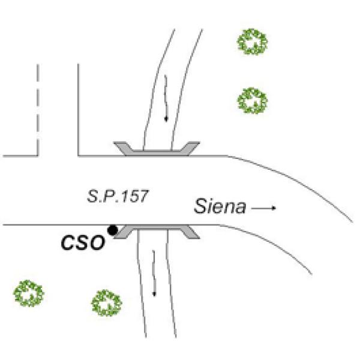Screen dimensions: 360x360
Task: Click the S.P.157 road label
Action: click(118, 196)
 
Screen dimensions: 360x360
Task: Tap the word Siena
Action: click(220, 208)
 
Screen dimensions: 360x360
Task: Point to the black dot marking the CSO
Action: click(112, 229)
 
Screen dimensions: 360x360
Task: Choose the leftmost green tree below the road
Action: click(29, 294)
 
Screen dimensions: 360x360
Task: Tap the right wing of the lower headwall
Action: click(190, 233)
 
